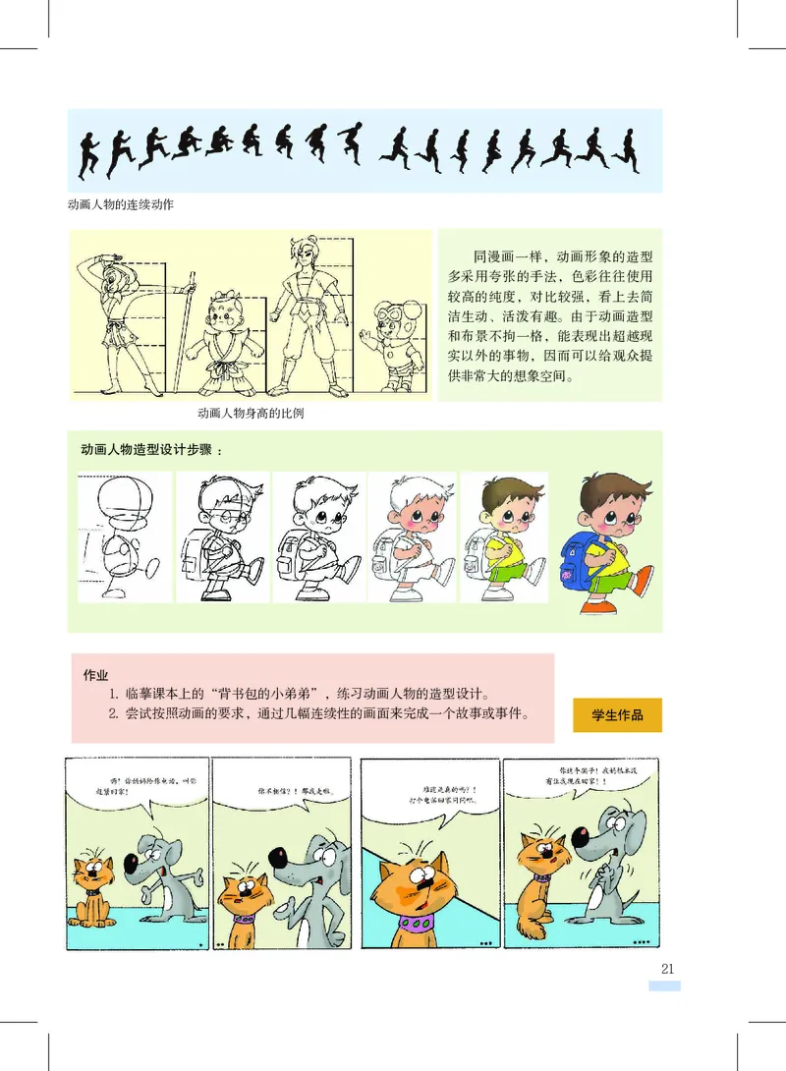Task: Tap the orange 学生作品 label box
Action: point(617,714)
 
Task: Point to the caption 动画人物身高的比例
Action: point(250,413)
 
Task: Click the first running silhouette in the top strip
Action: point(89,150)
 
